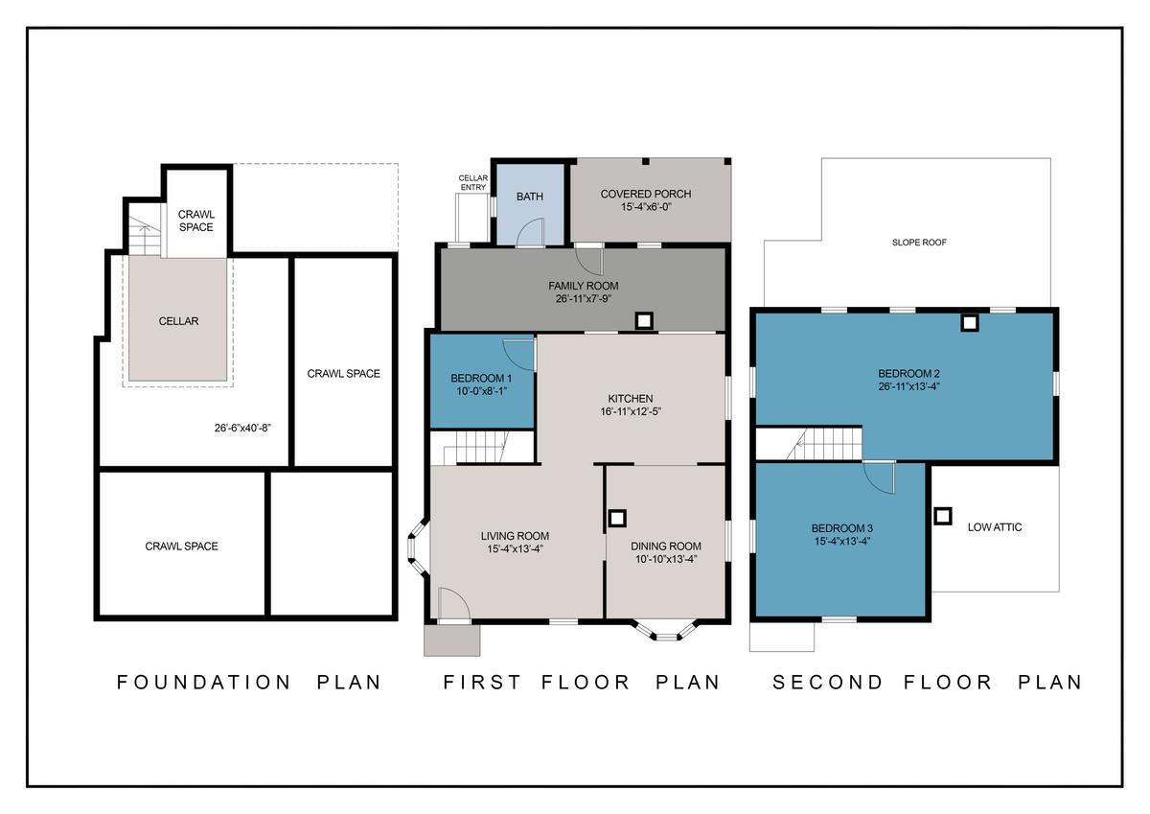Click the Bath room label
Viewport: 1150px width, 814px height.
530,197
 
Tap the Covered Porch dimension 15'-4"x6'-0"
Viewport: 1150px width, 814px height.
646,207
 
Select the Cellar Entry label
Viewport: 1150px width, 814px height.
472,183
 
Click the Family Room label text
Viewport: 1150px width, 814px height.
584,286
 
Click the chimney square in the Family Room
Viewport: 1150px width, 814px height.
644,321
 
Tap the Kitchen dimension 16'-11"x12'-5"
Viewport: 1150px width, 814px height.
631,411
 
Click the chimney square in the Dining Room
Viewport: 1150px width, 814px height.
617,518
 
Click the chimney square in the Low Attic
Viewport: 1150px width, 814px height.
943,516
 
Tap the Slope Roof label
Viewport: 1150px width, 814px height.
919,243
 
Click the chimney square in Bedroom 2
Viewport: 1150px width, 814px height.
970,323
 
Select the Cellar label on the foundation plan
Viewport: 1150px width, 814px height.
178,321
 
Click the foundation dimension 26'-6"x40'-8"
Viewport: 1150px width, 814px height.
242,428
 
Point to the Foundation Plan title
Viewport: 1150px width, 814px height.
249,682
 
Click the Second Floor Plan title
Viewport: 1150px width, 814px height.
928,682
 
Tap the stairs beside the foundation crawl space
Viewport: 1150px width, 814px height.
145,236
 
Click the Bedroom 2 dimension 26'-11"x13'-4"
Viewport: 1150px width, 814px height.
908,386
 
